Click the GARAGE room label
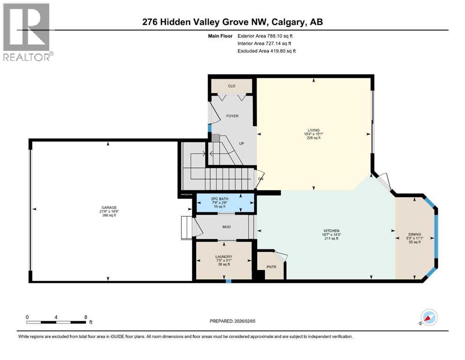pyautogui.click(x=108, y=207)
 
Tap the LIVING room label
pyautogui.click(x=313, y=130)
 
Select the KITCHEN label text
pyautogui.click(x=331, y=231)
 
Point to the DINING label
pyautogui.click(x=414, y=233)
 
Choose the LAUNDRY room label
pyautogui.click(x=224, y=256)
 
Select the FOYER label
pyautogui.click(x=232, y=115)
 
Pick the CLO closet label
pyautogui.click(x=231, y=86)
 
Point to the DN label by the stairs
pyautogui.click(x=261, y=179)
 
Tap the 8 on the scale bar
pyautogui.click(x=86, y=317)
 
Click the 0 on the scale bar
pyautogui.click(x=28, y=317)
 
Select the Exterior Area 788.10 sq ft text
pyautogui.click(x=266, y=36)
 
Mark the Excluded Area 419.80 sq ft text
pyautogui.click(x=266, y=51)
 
